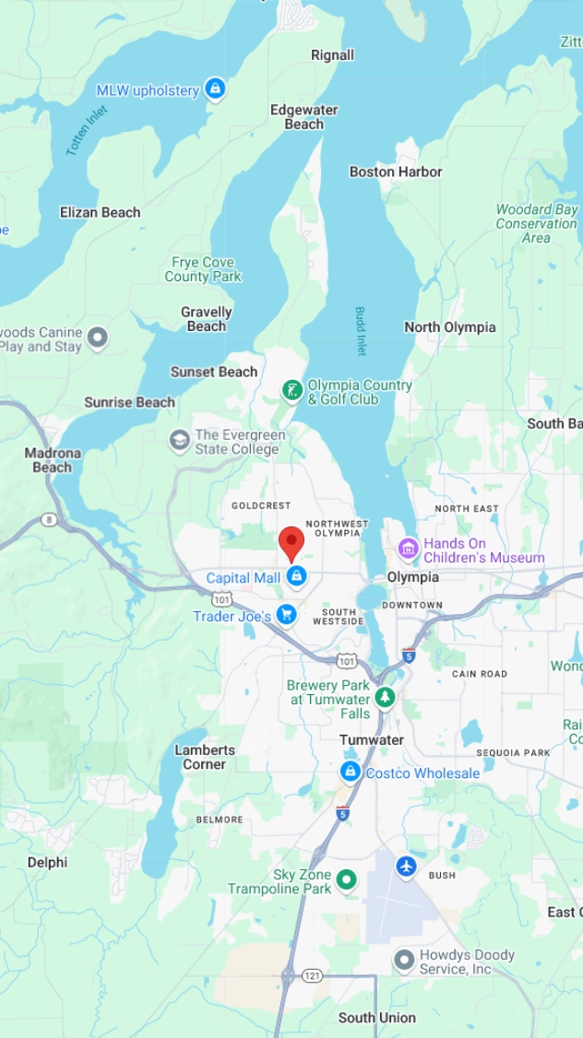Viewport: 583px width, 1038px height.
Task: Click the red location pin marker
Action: [x=291, y=542]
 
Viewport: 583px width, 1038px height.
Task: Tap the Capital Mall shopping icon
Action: [x=296, y=577]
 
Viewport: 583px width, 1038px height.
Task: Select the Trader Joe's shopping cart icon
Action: [x=287, y=614]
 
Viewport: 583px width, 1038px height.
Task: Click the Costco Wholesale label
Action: [x=422, y=773]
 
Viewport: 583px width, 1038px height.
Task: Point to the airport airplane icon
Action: [x=406, y=867]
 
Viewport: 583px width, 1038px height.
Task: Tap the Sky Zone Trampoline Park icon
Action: [x=347, y=880]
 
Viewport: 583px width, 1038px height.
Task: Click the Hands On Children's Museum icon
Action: [x=408, y=549]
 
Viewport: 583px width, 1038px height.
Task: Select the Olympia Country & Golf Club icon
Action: [x=291, y=391]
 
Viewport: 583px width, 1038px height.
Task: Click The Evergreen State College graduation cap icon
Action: [x=179, y=441]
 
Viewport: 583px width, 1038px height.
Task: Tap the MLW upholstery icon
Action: [x=215, y=89]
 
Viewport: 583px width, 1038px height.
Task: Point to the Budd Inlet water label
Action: [x=361, y=331]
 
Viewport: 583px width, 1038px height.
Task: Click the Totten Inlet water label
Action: [x=87, y=130]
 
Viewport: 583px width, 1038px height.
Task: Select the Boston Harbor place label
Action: [x=396, y=171]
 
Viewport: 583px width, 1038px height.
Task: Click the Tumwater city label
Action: [x=372, y=740]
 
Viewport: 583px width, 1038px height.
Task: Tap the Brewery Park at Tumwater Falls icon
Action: [x=385, y=698]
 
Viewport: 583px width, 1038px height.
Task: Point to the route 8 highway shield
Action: [x=48, y=521]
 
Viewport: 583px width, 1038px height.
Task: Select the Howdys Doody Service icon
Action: [x=404, y=961]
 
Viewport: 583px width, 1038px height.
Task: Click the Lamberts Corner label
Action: [x=205, y=757]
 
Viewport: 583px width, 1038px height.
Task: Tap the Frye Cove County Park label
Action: [x=203, y=269]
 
